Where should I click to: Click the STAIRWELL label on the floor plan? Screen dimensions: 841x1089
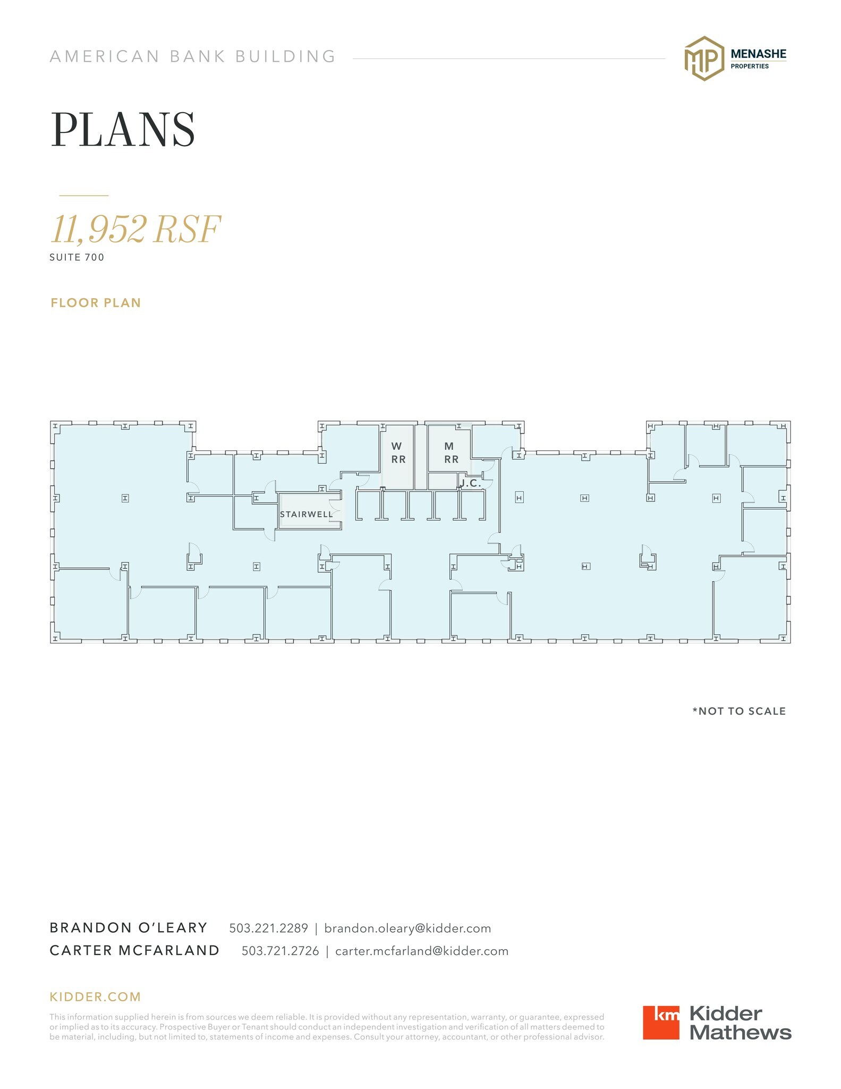pyautogui.click(x=306, y=514)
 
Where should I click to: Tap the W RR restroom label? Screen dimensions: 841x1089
pyautogui.click(x=398, y=453)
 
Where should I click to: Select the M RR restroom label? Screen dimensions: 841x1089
pyautogui.click(x=451, y=453)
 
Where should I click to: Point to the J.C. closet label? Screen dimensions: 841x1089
pyautogui.click(x=471, y=483)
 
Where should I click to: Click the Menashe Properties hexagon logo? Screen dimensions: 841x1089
pyautogui.click(x=704, y=58)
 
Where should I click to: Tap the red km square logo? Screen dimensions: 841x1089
pyautogui.click(x=661, y=1023)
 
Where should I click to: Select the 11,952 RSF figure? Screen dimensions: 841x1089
pyautogui.click(x=135, y=229)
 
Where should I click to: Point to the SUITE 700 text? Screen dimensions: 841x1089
pyautogui.click(x=77, y=257)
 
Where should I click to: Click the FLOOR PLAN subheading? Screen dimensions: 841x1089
pyautogui.click(x=96, y=303)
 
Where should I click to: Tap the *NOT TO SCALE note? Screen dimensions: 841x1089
pyautogui.click(x=739, y=711)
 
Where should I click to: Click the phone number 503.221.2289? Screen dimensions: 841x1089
pyautogui.click(x=268, y=928)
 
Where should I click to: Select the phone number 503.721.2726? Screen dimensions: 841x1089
pyautogui.click(x=281, y=951)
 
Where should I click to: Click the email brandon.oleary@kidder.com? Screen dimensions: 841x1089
pyautogui.click(x=407, y=928)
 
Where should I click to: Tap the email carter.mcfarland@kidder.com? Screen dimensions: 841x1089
pyautogui.click(x=422, y=951)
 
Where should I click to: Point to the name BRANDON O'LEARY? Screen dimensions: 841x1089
pyautogui.click(x=129, y=928)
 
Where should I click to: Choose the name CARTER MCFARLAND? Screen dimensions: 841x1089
pyautogui.click(x=134, y=951)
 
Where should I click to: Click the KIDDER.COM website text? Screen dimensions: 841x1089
pyautogui.click(x=95, y=997)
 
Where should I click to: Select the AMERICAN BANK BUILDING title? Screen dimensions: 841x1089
pyautogui.click(x=193, y=56)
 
